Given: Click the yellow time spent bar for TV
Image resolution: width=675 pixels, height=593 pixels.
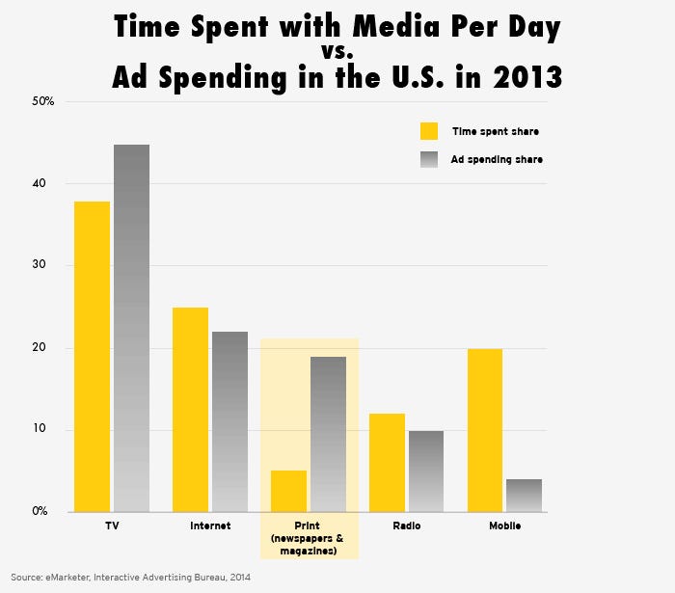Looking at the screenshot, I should (x=94, y=357).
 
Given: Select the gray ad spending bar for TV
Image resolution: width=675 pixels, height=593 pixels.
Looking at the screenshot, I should (x=131, y=328).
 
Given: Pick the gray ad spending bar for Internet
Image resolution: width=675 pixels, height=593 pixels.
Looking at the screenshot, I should (x=229, y=421).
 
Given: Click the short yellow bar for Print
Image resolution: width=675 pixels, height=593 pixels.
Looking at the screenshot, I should (x=288, y=491).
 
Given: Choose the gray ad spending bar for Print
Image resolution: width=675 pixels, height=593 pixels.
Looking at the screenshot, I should (x=328, y=434).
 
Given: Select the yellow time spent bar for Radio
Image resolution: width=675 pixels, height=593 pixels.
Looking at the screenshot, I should (x=387, y=463).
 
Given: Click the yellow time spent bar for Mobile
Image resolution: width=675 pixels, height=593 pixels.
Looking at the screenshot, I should (x=484, y=430).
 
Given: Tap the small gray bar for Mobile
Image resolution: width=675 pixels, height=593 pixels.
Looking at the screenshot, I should (x=523, y=495).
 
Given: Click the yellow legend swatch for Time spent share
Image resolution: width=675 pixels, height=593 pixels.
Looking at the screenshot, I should (x=429, y=131).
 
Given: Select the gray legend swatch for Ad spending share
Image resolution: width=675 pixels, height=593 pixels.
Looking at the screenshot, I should (x=429, y=159).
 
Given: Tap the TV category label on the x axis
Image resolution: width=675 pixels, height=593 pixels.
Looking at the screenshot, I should (x=112, y=526).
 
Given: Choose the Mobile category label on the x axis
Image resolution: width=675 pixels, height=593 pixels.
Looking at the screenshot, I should (x=503, y=526).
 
